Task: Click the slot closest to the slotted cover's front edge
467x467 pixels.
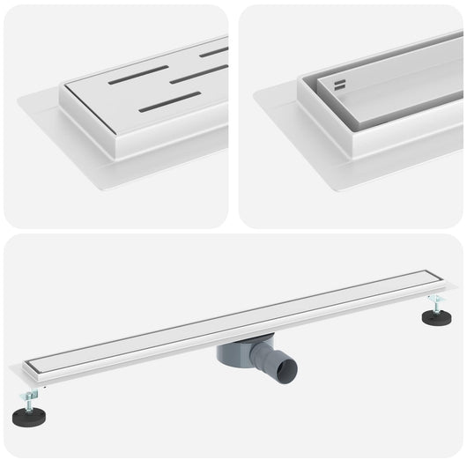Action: [x=168, y=103]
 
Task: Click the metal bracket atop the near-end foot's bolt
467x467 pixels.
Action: [x=33, y=390]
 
